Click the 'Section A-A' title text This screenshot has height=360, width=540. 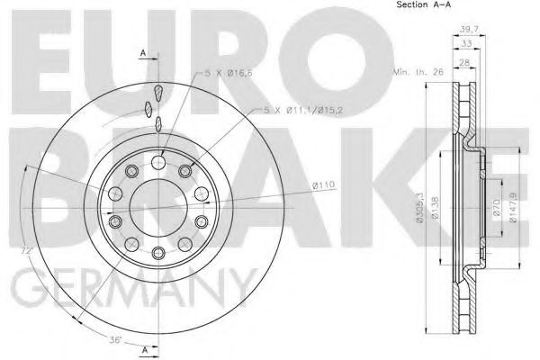tap(423, 7)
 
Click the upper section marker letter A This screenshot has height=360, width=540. tap(142, 55)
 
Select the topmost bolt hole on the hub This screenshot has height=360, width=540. tap(157, 162)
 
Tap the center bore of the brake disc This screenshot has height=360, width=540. tap(157, 206)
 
